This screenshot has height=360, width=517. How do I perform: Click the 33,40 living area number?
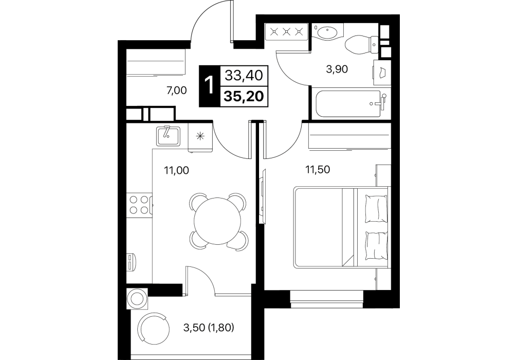tap(244, 76)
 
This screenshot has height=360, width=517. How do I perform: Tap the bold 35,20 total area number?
tap(244, 96)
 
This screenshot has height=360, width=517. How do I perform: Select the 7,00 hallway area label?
tap(177, 90)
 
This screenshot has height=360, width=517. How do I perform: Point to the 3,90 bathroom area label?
tap(337, 69)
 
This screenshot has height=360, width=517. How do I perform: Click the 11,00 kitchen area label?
tap(176, 171)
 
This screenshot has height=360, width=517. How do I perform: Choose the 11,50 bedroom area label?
tap(318, 170)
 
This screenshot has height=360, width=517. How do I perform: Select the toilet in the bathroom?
tap(362, 44)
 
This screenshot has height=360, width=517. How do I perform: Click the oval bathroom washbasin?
tap(327, 33)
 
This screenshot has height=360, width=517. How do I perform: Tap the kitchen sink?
tap(169, 136)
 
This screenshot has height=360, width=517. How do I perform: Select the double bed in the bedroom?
tap(341, 227)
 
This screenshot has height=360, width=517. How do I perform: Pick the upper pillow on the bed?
tap(376, 207)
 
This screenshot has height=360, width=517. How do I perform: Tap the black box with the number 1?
tap(209, 86)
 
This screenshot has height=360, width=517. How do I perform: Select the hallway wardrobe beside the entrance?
tap(156, 65)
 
